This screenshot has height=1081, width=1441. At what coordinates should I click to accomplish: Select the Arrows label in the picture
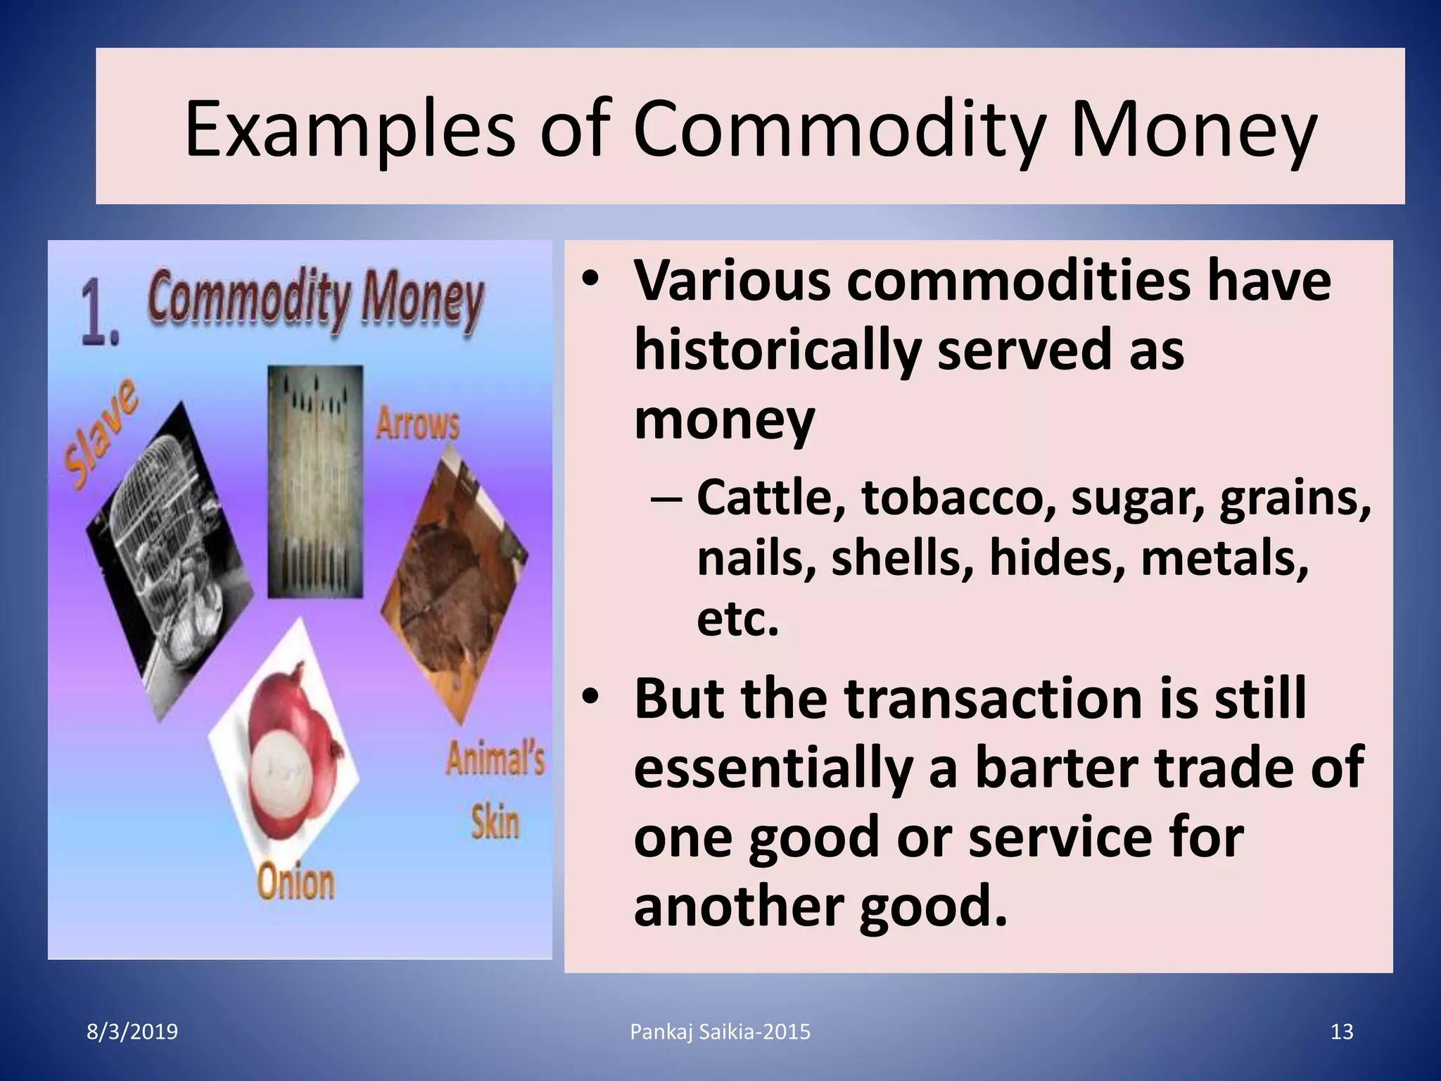(417, 424)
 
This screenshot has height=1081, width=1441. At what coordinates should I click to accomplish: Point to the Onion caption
(296, 883)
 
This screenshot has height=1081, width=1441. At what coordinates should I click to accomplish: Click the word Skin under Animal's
(495, 822)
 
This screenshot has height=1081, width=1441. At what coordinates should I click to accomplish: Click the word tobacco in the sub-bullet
(959, 497)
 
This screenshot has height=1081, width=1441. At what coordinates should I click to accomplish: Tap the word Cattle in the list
(770, 497)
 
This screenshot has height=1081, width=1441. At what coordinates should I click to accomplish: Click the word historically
(778, 350)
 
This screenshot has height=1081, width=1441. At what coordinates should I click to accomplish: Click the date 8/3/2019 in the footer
(132, 1032)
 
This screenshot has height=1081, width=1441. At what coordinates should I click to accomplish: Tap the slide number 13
(1342, 1032)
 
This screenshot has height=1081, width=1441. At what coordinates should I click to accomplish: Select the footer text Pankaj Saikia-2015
(720, 1032)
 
